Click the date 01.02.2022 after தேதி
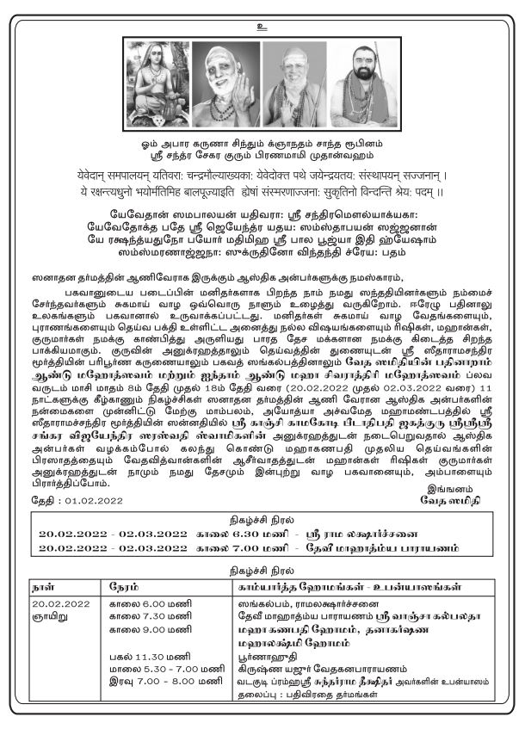pos(78,499)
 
